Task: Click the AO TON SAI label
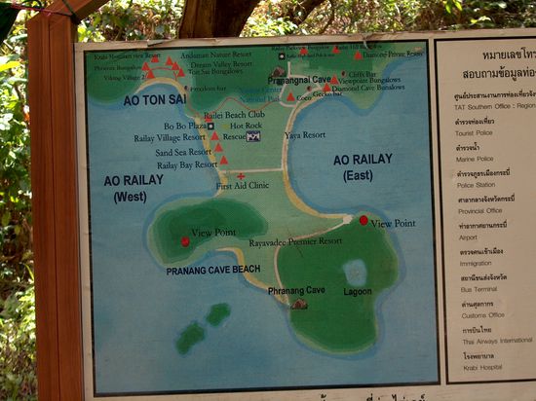tap(154, 99)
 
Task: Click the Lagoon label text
tap(358, 291)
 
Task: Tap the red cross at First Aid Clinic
tap(241, 176)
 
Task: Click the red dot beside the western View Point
tap(185, 240)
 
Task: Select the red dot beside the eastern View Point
tap(364, 220)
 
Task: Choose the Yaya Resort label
tap(305, 134)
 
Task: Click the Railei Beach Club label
tap(234, 115)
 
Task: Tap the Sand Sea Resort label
tap(182, 152)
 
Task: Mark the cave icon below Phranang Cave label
tap(299, 304)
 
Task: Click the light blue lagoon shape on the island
tap(355, 272)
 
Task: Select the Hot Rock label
tap(246, 126)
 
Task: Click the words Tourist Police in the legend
tap(477, 133)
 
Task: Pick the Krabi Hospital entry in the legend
tap(482, 369)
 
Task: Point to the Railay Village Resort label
tap(170, 138)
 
